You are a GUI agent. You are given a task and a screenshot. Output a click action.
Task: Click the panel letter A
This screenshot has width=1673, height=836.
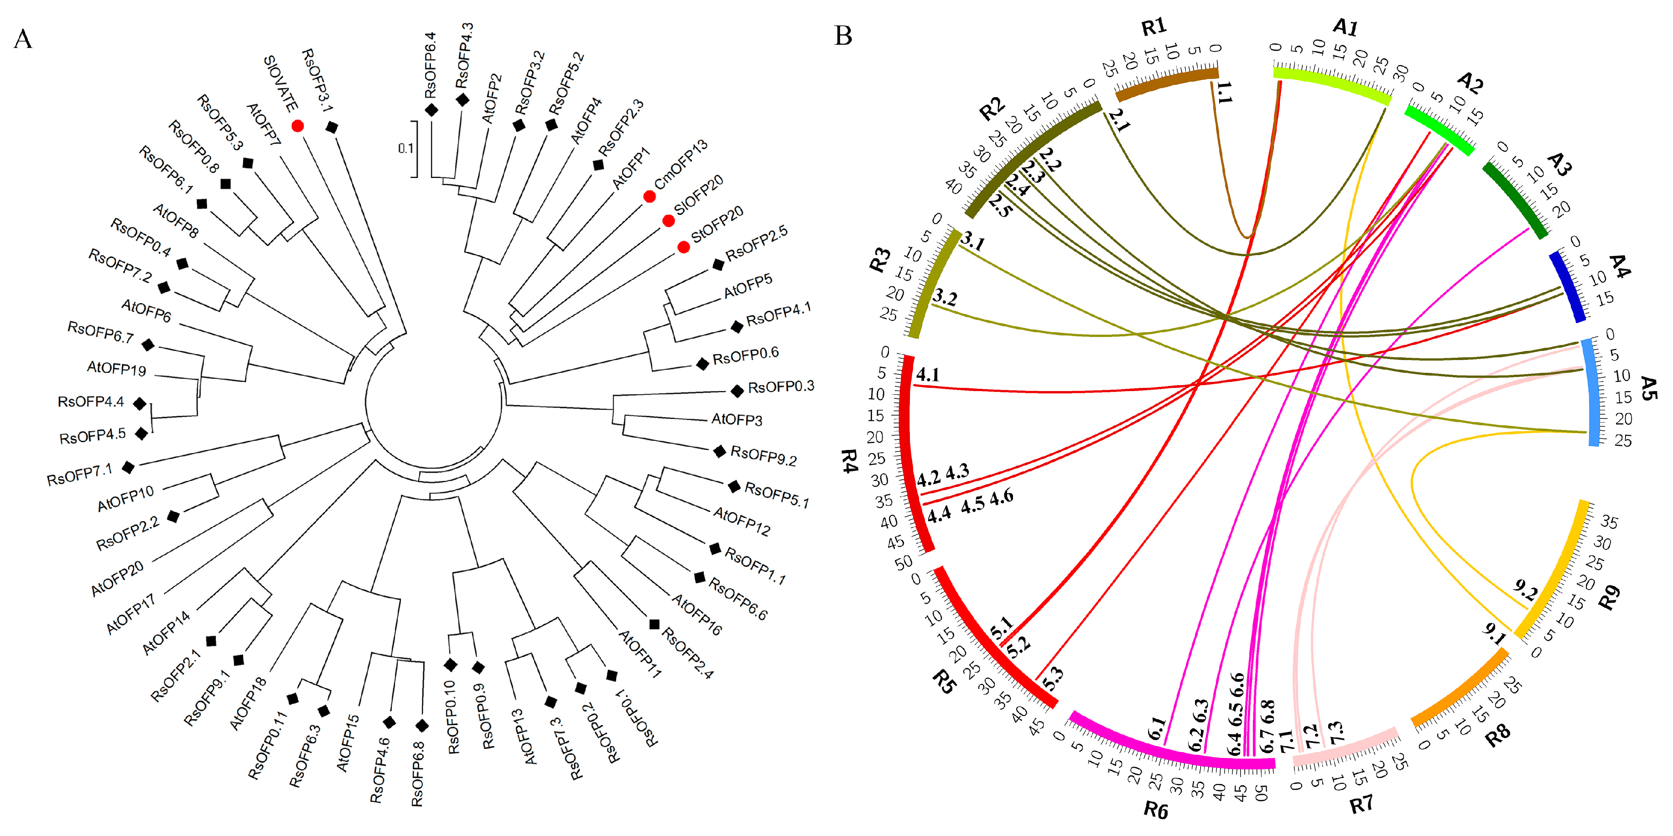[23, 39]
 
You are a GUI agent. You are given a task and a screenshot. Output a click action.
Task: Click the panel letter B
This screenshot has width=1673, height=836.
[843, 35]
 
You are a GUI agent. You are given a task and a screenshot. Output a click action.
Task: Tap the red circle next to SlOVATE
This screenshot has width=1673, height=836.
[297, 126]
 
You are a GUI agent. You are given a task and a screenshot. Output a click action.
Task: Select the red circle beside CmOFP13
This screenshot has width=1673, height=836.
[649, 196]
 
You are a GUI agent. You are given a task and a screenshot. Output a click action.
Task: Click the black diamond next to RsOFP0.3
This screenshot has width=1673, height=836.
[737, 391]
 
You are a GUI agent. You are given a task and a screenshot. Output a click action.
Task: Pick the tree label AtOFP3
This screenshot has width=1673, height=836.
[737, 420]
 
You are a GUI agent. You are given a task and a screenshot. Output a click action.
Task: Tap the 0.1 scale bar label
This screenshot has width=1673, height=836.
[405, 148]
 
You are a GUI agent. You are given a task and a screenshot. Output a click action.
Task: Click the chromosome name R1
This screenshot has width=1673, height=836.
[1153, 27]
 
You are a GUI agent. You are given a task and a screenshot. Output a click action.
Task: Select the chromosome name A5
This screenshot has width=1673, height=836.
[1647, 388]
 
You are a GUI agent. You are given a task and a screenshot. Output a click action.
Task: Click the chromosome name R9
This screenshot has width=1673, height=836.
[1609, 598]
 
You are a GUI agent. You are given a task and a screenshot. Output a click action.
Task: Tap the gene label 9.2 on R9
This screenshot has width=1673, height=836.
[1525, 591]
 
